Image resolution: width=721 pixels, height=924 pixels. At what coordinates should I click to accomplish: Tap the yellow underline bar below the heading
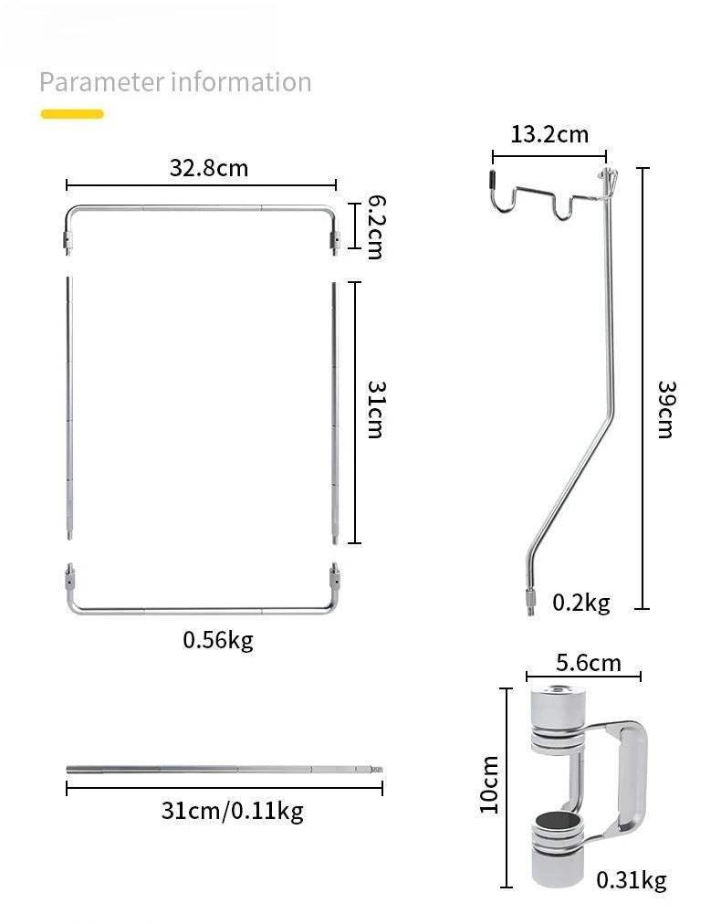pyautogui.click(x=72, y=114)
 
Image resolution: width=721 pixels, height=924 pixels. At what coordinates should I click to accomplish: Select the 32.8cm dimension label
pyautogui.click(x=208, y=168)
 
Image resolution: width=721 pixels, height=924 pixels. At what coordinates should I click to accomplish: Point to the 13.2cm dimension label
pyautogui.click(x=549, y=135)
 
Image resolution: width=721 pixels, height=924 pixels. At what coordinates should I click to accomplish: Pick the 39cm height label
pyautogui.click(x=664, y=408)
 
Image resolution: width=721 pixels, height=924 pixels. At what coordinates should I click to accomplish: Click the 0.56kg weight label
pyautogui.click(x=218, y=640)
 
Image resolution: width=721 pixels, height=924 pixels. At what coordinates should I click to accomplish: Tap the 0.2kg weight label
pyautogui.click(x=580, y=603)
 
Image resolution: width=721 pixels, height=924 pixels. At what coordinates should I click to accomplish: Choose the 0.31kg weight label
pyautogui.click(x=631, y=880)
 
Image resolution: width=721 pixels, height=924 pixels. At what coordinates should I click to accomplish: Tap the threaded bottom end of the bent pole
pyautogui.click(x=529, y=604)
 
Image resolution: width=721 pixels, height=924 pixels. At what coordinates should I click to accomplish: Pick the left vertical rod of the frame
pyautogui.click(x=68, y=411)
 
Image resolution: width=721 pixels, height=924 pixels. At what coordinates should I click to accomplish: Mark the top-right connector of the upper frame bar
pyautogui.click(x=335, y=239)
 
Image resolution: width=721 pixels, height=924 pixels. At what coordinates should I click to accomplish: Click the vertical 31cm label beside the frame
pyautogui.click(x=373, y=411)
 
